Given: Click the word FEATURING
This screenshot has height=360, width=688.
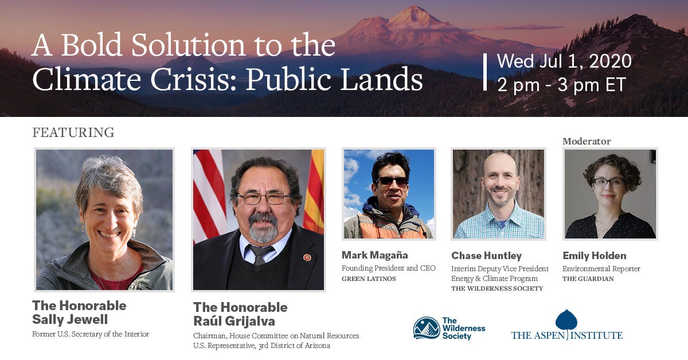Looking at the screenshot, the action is [x=73, y=132].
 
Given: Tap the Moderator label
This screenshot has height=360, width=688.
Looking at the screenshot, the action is [x=587, y=141].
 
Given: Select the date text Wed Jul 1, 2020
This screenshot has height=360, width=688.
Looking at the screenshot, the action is [x=564, y=61].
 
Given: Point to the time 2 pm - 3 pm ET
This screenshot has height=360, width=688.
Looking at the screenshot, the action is [x=561, y=84].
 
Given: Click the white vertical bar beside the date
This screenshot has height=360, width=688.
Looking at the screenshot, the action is [x=485, y=72].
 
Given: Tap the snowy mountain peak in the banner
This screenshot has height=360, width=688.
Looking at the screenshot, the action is [x=413, y=15].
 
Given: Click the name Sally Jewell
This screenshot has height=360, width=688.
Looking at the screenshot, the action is [x=70, y=319].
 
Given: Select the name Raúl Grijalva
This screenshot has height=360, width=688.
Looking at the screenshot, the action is [x=234, y=321].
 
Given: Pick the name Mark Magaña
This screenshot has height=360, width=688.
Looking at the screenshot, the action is [x=375, y=255].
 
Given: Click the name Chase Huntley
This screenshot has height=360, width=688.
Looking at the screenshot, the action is [x=487, y=256].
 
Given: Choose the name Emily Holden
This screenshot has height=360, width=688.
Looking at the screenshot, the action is [x=595, y=256].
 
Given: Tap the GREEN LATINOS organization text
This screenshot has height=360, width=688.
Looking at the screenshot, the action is [x=369, y=279].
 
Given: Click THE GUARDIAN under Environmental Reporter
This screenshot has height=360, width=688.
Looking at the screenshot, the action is [x=588, y=279].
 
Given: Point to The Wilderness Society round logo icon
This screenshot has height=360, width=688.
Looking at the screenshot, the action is [x=427, y=328].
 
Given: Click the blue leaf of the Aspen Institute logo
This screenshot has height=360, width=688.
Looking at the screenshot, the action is [x=566, y=320].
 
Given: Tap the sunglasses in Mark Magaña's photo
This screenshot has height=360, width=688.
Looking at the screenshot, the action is [x=392, y=181].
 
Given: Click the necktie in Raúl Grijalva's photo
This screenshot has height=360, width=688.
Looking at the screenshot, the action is [x=261, y=255].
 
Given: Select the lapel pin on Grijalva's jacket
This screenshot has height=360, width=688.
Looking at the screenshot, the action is [x=307, y=257].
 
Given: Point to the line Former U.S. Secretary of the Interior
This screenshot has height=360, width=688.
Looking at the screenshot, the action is [x=91, y=334].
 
